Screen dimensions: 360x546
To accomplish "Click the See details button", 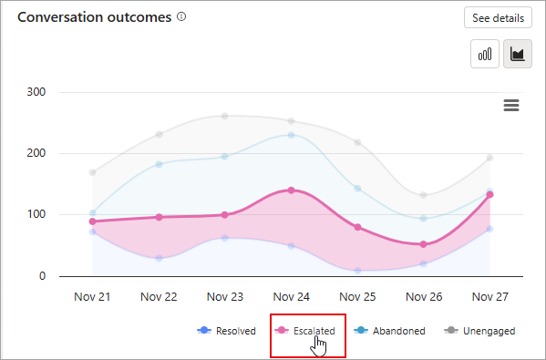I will (x=498, y=17).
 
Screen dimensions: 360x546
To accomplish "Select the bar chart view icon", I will (x=483, y=55).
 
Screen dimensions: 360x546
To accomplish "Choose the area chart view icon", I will (x=518, y=55).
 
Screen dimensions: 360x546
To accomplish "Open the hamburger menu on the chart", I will (x=511, y=106).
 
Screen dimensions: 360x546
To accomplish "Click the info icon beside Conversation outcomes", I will (x=181, y=17).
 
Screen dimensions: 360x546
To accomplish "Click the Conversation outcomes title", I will (x=95, y=17).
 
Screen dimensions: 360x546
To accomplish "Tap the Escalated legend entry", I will (x=307, y=331).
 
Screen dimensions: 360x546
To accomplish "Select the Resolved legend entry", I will (x=227, y=331).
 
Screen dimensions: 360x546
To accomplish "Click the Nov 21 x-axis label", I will (x=92, y=296).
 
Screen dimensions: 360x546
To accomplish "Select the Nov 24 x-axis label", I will (x=291, y=296).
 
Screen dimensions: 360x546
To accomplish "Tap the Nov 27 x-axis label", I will (x=489, y=296).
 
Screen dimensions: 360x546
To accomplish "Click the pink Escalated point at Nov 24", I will (x=291, y=190).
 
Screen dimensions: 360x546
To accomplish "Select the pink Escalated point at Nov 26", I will (x=424, y=244).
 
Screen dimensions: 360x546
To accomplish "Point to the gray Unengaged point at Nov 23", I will (x=225, y=116).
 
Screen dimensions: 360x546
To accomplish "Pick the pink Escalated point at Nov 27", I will (x=489, y=194).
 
